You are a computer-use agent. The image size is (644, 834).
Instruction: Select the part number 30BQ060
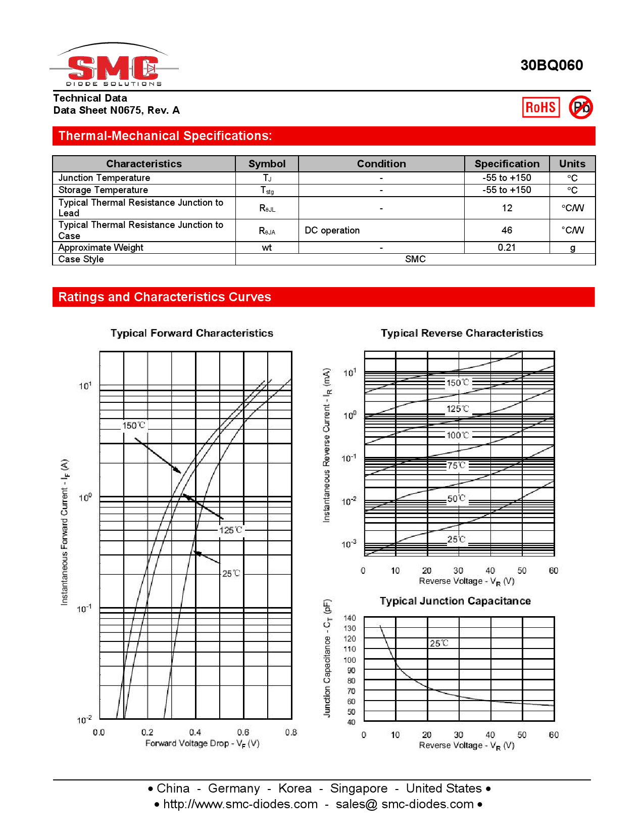(x=552, y=65)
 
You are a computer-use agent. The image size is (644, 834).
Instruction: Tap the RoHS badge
(x=540, y=107)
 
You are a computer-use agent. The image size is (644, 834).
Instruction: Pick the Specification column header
(x=507, y=164)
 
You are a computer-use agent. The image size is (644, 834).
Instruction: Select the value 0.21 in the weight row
(x=507, y=247)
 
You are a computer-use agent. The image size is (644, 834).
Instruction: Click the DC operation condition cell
(x=332, y=230)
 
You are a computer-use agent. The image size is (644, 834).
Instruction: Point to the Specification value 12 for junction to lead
(x=507, y=208)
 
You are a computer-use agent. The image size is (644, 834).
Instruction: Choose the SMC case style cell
(x=415, y=259)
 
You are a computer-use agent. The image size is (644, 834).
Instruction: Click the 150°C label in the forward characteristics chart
(x=134, y=426)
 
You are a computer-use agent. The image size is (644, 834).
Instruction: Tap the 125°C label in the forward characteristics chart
(x=231, y=530)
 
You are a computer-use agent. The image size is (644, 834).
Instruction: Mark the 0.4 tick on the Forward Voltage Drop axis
(x=195, y=732)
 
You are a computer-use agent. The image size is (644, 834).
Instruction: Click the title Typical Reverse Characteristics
(x=462, y=333)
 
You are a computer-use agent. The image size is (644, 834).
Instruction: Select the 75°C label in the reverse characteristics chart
(x=457, y=465)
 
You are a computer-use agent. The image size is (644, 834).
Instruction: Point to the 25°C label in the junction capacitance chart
(x=439, y=643)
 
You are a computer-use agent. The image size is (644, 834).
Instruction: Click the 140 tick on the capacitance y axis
(x=350, y=618)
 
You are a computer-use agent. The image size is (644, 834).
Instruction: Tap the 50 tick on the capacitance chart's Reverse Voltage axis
(x=522, y=735)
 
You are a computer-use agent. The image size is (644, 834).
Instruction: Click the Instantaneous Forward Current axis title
(x=65, y=532)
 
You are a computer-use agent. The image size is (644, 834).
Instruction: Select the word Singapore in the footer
(x=359, y=789)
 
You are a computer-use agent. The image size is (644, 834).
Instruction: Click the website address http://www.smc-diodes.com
(x=240, y=804)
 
